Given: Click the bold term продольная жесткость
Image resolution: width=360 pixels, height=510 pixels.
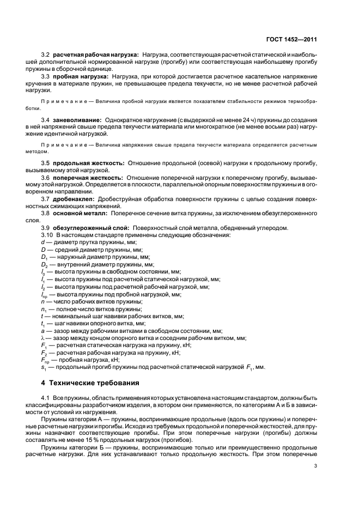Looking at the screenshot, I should [x=89, y=162].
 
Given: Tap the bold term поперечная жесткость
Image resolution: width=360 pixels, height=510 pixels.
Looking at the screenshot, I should [x=89, y=178].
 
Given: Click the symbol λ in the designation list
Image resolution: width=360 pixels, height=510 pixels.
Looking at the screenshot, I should [x=42, y=338].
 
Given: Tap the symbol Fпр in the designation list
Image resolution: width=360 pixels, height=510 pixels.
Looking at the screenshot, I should [x=45, y=360].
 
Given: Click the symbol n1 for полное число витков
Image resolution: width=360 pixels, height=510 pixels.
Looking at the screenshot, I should [x=44, y=308].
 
